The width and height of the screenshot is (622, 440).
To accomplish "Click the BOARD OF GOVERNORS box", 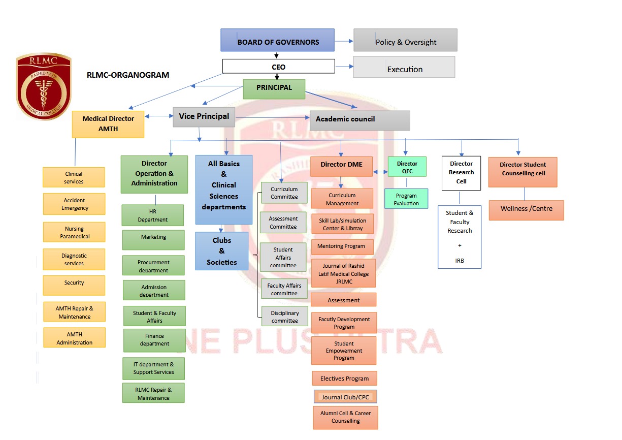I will tap(277, 40).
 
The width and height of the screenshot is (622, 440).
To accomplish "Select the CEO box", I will tap(278, 67).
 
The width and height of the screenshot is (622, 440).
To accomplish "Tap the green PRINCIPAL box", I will tap(274, 88).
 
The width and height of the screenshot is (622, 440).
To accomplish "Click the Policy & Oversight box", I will tap(405, 40).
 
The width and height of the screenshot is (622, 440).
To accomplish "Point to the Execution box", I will tap(404, 67).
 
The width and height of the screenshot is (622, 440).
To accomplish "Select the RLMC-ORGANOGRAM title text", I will tap(128, 75).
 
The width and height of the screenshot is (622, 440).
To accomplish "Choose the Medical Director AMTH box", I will tap(108, 123).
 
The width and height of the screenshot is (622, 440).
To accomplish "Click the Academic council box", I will tap(359, 120).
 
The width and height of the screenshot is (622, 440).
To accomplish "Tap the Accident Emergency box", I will tap(74, 204).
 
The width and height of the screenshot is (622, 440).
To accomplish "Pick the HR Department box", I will tap(152, 215).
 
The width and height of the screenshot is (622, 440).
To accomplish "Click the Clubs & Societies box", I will tap(221, 251).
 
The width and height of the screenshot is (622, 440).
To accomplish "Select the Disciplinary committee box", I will tap(284, 317).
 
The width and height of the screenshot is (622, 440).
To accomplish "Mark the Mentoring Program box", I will tap(342, 246).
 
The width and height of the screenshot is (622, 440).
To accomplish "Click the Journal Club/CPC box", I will tap(345, 397).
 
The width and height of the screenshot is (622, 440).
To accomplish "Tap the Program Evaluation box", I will tap(406, 199).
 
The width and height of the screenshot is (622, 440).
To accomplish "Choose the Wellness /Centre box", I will tap(526, 209).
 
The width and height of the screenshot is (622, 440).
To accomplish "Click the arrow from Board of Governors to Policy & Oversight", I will tap(344, 41).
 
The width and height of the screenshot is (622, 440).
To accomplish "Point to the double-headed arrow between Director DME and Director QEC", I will tap(380, 172).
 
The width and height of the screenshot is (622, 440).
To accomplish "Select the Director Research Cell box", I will tap(461, 173).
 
